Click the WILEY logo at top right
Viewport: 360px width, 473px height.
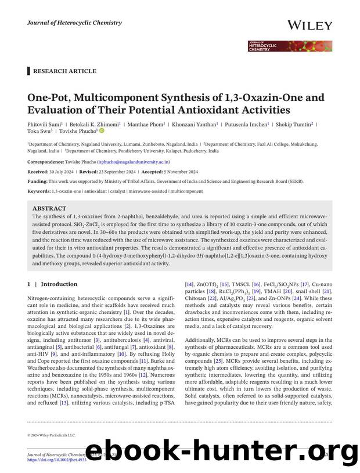[309, 26]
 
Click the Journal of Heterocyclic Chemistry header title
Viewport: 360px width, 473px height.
[74, 23]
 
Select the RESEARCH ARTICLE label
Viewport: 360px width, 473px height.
[64, 71]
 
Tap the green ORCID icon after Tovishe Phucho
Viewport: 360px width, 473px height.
[102, 131]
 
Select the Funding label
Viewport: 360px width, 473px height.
[38, 181]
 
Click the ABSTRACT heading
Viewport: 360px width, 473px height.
[49, 208]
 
